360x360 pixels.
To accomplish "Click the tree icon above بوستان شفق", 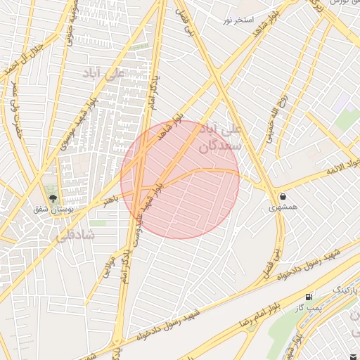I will point(50,196).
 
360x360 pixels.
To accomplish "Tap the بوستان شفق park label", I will point(50,209).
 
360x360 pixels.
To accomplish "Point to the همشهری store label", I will point(282,208).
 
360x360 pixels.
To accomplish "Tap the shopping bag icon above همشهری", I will point(282,196).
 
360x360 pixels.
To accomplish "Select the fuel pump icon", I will point(309,297).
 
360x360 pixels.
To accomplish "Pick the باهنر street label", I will point(111,201).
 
